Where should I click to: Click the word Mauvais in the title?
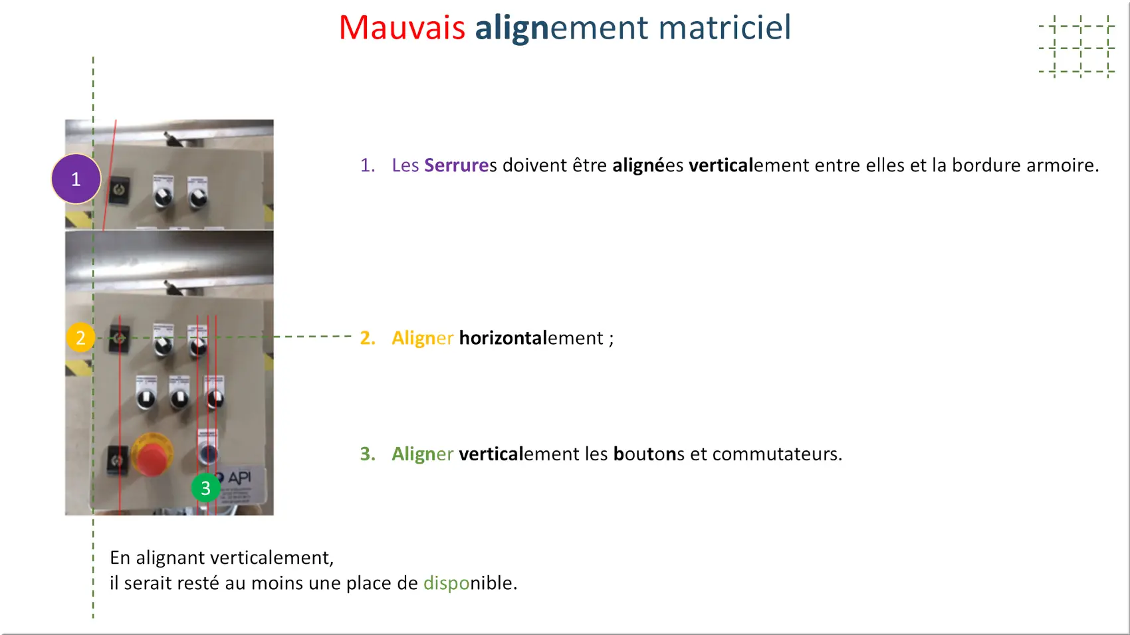click(401, 27)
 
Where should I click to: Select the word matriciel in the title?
click(725, 27)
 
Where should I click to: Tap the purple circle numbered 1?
click(76, 179)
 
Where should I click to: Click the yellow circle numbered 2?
click(80, 337)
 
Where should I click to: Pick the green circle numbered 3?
click(205, 488)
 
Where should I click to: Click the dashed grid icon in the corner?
click(1077, 47)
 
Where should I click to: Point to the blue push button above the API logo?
click(208, 452)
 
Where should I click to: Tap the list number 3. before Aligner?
click(368, 454)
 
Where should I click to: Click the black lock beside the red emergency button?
click(118, 460)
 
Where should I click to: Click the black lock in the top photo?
click(120, 190)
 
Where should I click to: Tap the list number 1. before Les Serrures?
click(368, 165)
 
